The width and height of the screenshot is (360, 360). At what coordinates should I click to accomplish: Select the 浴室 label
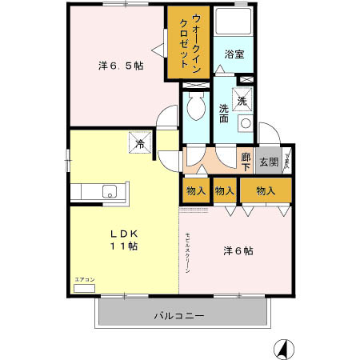click(x=234, y=54)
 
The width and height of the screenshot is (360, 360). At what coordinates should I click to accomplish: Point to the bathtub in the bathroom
click(x=234, y=24)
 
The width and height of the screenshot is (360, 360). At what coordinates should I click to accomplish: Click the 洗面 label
click(x=224, y=113)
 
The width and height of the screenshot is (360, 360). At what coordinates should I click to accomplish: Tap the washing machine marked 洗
click(x=242, y=102)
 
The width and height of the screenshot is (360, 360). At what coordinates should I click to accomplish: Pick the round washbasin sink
click(x=246, y=124)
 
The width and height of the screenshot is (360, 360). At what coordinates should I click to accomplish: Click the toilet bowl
click(x=193, y=106)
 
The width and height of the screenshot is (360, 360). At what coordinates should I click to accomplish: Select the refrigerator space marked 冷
click(x=139, y=145)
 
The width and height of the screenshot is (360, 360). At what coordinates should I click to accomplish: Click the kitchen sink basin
click(x=110, y=192)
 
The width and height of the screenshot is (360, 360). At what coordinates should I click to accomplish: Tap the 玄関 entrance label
click(x=268, y=162)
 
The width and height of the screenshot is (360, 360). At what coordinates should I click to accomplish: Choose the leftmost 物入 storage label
click(x=195, y=191)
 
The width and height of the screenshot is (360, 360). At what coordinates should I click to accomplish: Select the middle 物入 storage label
click(x=225, y=191)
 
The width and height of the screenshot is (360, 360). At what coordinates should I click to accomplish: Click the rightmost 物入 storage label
click(x=266, y=191)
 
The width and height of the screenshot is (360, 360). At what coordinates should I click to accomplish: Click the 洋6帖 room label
click(x=238, y=250)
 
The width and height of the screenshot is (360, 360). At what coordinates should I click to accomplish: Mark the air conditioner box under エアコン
click(x=84, y=287)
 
